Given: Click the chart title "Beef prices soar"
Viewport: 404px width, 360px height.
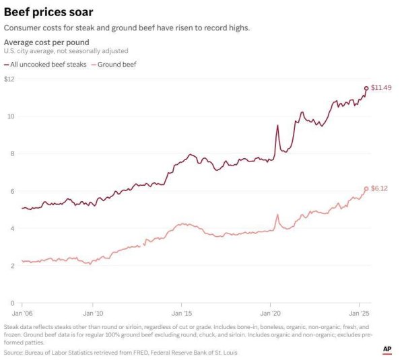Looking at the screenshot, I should pos(48,12).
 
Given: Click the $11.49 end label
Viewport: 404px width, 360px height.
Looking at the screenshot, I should pos(382,88).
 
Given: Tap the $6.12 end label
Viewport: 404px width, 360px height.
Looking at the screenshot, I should pos(380,189).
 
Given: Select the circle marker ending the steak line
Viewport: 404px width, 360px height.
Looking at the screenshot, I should pos(366,88).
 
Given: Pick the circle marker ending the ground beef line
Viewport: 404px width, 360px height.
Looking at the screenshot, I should pos(366,189).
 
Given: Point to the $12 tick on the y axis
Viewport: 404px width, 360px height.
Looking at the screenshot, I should pos(9,79).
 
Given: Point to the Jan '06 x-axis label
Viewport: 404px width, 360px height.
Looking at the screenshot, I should pos(22,313).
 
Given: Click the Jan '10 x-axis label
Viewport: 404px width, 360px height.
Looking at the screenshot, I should pos(93,313).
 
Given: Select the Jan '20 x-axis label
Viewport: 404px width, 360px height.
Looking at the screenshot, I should pos(271,313).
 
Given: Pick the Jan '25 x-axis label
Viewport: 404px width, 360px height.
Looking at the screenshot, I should pos(359,313).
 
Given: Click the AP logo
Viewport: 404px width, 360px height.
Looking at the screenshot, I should pos(387,350).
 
